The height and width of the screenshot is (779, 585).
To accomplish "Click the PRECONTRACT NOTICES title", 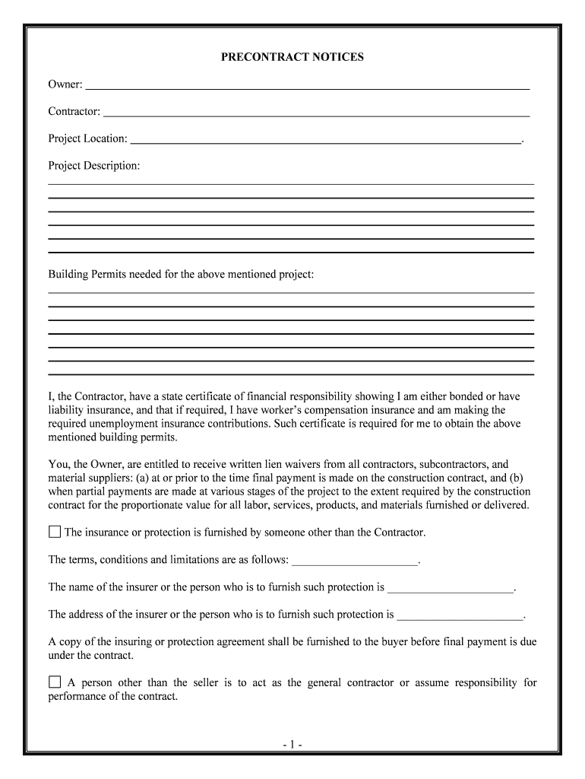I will (292, 57).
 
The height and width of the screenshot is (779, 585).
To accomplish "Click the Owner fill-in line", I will (307, 87).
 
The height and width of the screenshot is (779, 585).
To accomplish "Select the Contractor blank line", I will (316, 113).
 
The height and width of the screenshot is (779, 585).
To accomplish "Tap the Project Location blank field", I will (326, 140).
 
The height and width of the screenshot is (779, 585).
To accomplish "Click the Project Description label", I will (94, 165).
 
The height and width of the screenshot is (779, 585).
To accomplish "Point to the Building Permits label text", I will (181, 274).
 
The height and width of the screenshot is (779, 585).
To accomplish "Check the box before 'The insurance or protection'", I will (55, 532).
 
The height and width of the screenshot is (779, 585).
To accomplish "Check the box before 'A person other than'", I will (55, 682).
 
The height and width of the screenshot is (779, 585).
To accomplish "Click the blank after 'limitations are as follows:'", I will (355, 561).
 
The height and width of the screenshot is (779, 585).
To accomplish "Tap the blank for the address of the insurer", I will (460, 615).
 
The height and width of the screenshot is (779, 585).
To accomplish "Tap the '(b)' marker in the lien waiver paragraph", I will (524, 477).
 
